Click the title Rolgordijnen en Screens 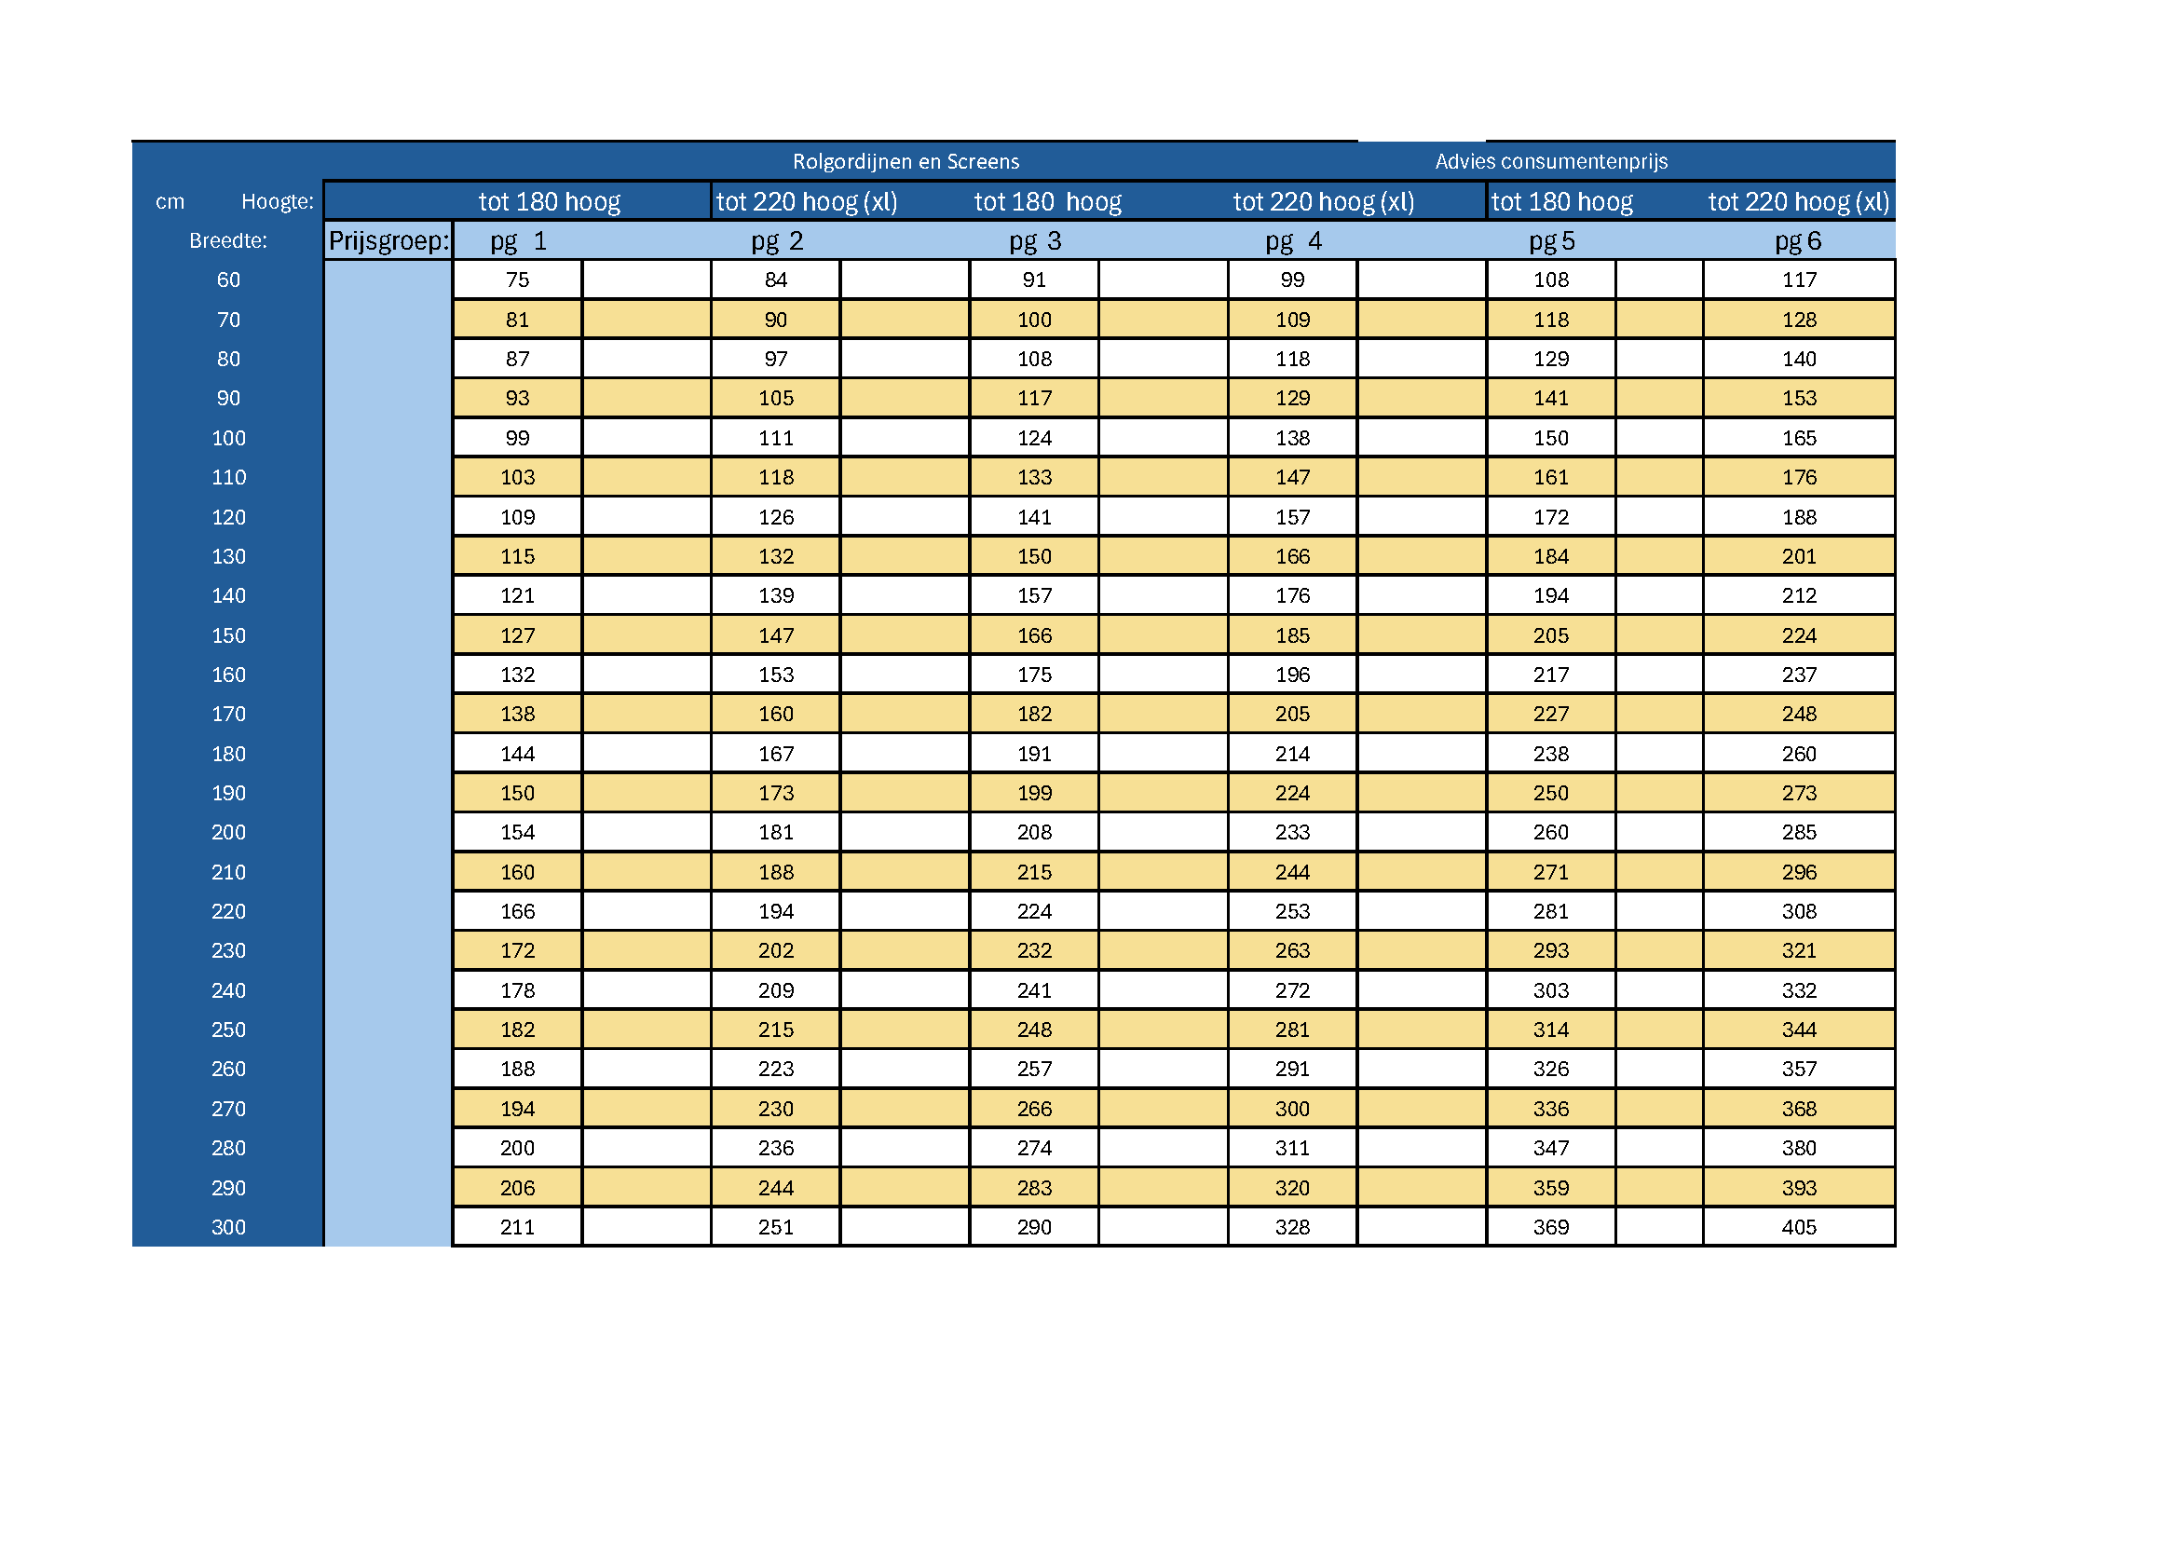[x=906, y=161]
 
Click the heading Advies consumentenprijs [x=1551, y=161]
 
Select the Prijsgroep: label [x=388, y=241]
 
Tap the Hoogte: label [x=277, y=201]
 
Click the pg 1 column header [x=518, y=241]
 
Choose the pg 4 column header [x=1293, y=241]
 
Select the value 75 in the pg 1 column [x=517, y=280]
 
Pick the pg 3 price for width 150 [x=1034, y=635]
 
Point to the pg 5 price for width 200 [x=1551, y=832]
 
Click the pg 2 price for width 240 [x=775, y=990]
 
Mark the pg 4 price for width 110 [x=1293, y=477]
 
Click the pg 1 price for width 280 [x=517, y=1148]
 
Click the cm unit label [x=170, y=201]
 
